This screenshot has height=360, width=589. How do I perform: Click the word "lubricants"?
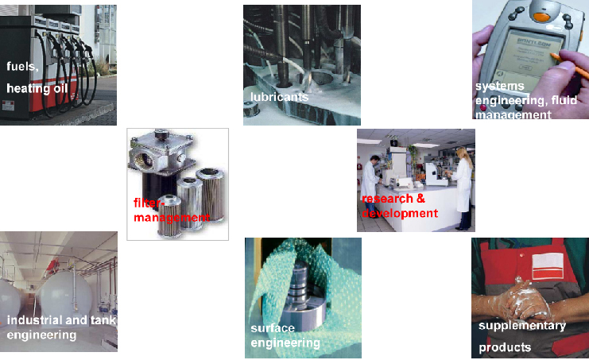(x=279, y=97)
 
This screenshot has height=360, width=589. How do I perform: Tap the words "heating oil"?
(x=37, y=88)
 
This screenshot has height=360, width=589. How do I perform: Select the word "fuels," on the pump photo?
(x=22, y=67)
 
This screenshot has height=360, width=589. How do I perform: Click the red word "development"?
(x=400, y=213)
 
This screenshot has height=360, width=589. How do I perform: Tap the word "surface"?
(x=273, y=328)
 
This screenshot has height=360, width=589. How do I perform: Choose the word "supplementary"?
(x=522, y=326)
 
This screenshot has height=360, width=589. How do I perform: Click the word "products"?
(x=505, y=347)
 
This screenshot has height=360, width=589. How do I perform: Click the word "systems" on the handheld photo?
(x=500, y=87)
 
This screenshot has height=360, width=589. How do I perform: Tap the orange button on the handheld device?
(x=541, y=17)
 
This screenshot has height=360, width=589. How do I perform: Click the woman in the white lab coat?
(x=463, y=188)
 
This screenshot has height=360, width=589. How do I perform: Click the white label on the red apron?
(x=548, y=266)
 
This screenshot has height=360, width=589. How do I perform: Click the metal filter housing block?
(x=161, y=154)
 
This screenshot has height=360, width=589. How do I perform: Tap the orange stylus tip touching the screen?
(x=552, y=56)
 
